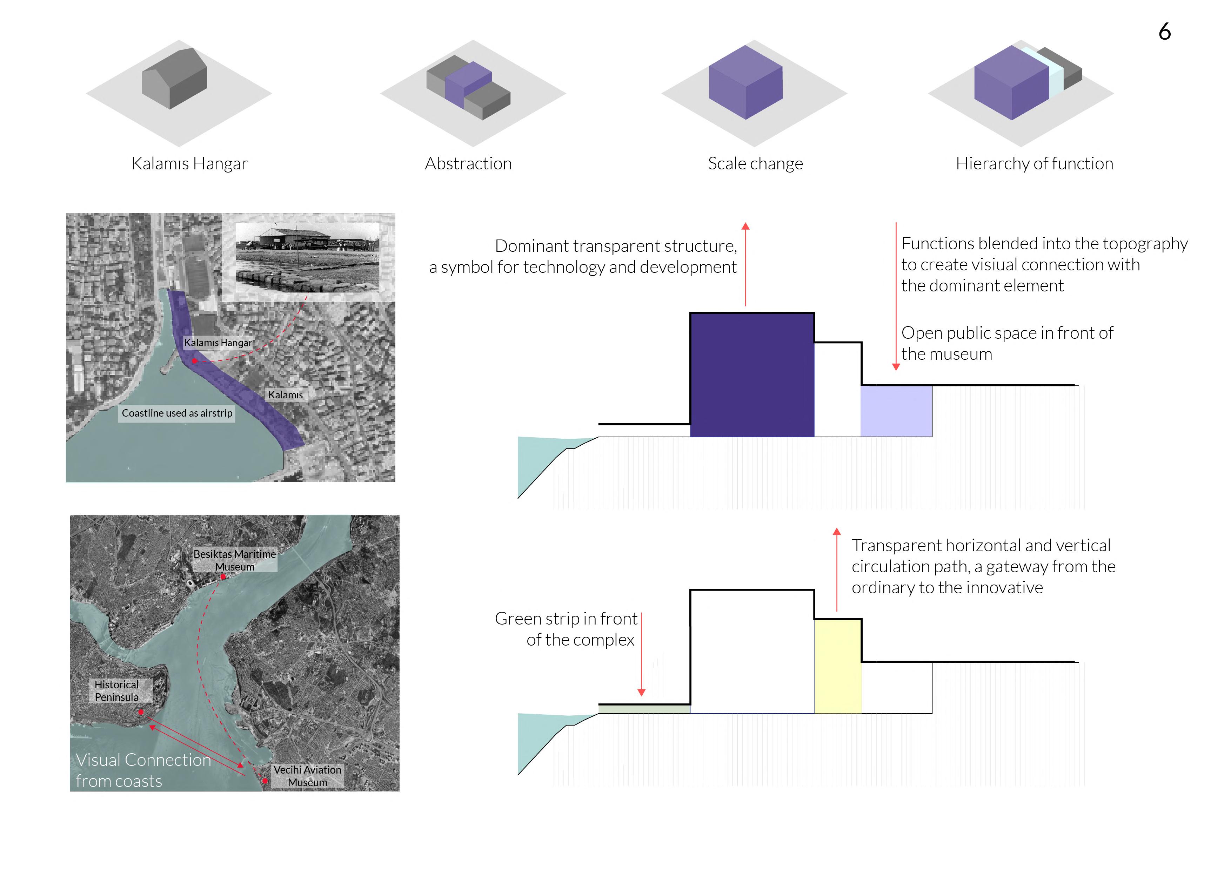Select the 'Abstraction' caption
pos(468,163)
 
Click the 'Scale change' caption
pos(755,163)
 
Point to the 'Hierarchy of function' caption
pos(1034,163)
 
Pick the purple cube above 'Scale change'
pos(745,82)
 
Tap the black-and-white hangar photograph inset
pos(308,258)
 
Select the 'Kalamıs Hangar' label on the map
pos(218,343)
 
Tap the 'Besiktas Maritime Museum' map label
pos(235,560)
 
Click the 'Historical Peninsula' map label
pos(116,691)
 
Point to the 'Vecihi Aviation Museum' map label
pos(307,776)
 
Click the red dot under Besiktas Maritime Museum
pos(223,577)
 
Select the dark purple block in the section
pos(752,375)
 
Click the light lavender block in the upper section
pos(896,411)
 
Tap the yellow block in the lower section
pos(837,666)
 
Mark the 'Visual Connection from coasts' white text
pos(143,770)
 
